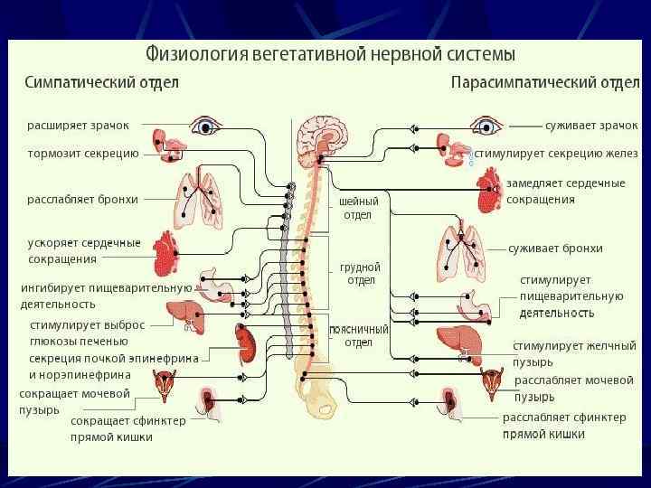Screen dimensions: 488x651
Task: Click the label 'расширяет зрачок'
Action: click(78, 125)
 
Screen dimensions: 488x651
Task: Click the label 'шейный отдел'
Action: click(358, 208)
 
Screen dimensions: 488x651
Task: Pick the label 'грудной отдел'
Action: click(360, 274)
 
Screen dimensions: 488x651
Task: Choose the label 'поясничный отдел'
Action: click(359, 336)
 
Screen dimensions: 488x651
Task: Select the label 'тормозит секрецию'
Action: click(82, 154)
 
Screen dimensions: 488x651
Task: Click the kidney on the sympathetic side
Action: click(244, 342)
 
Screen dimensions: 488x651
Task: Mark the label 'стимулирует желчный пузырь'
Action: click(574, 353)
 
